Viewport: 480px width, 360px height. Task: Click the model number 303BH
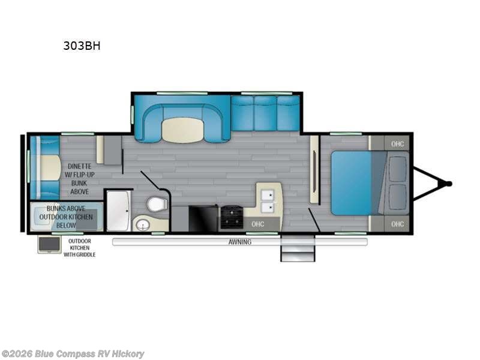(x=82, y=46)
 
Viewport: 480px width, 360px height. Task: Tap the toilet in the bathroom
(x=157, y=203)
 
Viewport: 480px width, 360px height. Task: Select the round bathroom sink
(x=143, y=225)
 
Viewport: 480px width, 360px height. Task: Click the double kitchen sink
(x=268, y=201)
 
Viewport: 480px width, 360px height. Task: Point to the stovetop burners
(x=232, y=217)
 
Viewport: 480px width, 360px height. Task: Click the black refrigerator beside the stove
(x=203, y=218)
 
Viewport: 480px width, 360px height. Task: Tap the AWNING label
(x=240, y=242)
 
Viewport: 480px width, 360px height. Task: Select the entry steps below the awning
(x=298, y=248)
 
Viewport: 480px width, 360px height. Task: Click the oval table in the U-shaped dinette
(x=184, y=130)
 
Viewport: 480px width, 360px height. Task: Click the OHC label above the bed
(x=397, y=144)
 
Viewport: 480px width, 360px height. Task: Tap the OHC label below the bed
(x=397, y=224)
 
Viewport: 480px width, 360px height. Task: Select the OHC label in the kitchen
(x=258, y=224)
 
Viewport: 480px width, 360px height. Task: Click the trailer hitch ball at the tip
(x=449, y=184)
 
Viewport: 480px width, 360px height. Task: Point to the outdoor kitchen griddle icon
(x=49, y=244)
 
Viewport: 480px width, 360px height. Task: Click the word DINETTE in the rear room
(x=80, y=166)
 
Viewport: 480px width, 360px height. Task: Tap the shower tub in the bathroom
(x=118, y=211)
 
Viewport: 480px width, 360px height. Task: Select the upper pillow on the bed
(x=397, y=169)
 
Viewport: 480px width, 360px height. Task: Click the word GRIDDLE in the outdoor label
(x=86, y=254)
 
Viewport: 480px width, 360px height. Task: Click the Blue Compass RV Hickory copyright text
(x=72, y=354)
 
